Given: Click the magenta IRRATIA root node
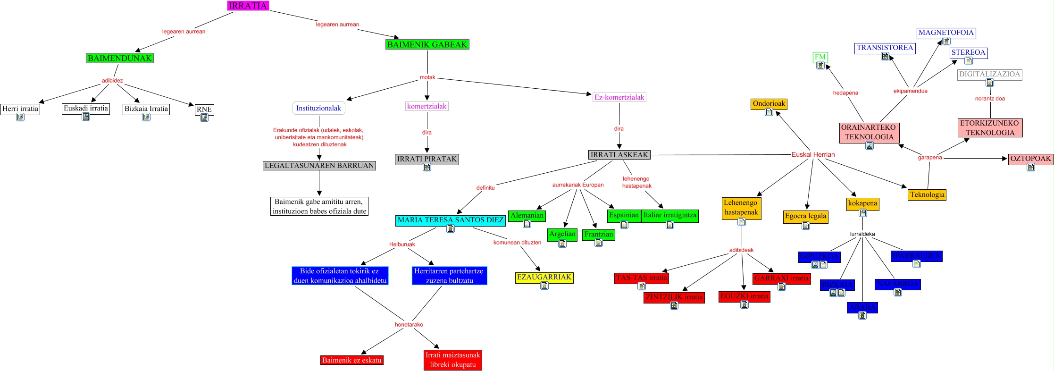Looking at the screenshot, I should (248, 6).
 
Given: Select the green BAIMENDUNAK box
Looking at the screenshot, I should (120, 58).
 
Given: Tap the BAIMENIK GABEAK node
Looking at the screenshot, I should (427, 44).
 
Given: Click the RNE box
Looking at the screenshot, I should (204, 109).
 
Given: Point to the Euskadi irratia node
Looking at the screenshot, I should (86, 108).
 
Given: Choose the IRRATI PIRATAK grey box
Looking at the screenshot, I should (427, 159).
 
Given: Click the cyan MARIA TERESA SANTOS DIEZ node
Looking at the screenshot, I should (451, 220).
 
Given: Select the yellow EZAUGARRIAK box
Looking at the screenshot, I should (544, 277).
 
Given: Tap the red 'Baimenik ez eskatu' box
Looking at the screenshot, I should (351, 360).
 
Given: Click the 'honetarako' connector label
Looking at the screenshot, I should (409, 325).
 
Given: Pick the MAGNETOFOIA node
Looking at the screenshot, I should (946, 33).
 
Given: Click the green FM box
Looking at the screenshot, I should (820, 57).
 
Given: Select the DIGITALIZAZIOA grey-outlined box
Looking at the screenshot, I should (989, 74).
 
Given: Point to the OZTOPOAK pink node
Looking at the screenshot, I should (1030, 159).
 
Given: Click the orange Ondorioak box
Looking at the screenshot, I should (769, 103).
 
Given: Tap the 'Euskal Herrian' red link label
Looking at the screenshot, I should (813, 154).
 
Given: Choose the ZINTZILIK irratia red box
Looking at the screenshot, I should (674, 297).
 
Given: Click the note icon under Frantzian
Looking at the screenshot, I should (599, 243).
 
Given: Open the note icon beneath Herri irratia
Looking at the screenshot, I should (20, 117).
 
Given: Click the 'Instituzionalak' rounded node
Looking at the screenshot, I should (318, 108).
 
